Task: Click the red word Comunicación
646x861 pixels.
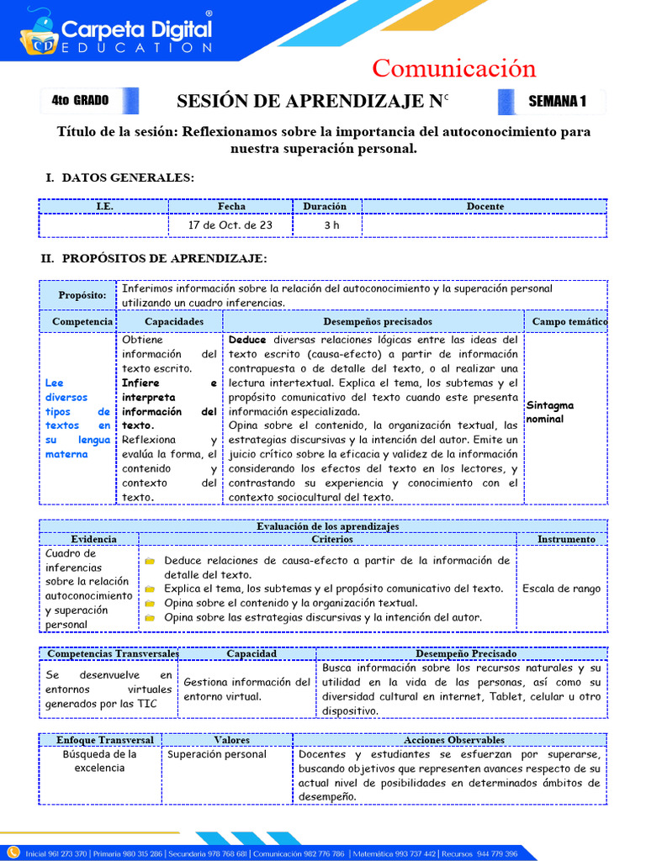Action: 453,68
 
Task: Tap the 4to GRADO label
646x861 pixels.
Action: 81,101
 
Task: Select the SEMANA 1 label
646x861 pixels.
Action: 556,102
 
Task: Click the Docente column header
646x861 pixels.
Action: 484,206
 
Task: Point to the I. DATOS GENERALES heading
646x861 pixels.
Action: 119,177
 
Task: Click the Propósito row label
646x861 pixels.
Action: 82,295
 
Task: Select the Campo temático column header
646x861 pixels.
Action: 569,321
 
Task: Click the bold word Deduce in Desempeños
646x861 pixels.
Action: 247,341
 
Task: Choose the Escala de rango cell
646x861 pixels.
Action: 561,589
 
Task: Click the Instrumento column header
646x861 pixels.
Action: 566,539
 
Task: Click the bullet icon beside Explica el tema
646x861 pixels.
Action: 150,589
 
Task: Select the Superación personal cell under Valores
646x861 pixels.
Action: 217,754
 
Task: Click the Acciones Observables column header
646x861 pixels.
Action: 454,740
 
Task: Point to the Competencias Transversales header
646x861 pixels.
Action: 113,653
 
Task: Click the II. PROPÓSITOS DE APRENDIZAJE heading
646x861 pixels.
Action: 154,258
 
